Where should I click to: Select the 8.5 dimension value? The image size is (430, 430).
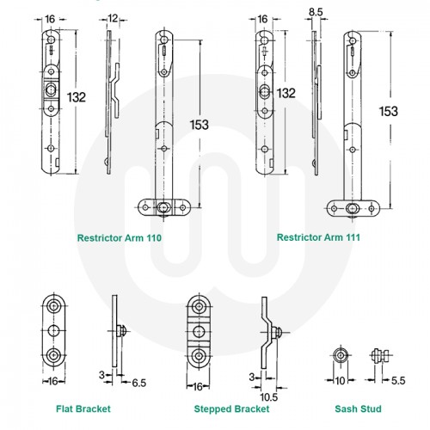pyautogui.click(x=316, y=11)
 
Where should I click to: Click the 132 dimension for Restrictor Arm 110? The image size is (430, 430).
pyautogui.click(x=78, y=98)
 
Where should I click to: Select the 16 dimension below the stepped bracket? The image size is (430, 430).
pyautogui.click(x=199, y=386)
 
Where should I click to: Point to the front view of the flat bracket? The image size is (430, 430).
pyautogui.click(x=54, y=331)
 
